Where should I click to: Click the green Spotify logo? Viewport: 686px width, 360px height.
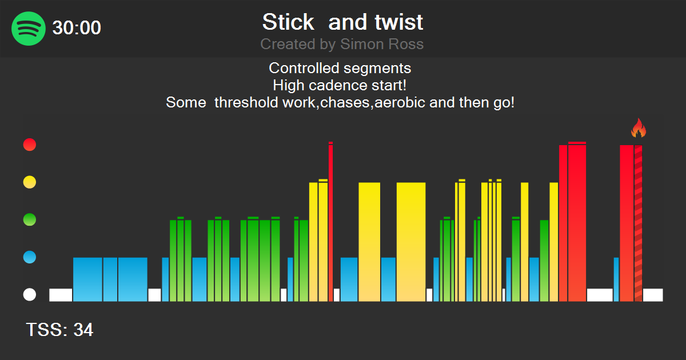pyautogui.click(x=29, y=28)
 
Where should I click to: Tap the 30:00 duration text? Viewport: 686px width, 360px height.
pyautogui.click(x=77, y=28)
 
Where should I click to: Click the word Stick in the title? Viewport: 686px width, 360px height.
pyautogui.click(x=288, y=22)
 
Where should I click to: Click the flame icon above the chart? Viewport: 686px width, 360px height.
pyautogui.click(x=638, y=129)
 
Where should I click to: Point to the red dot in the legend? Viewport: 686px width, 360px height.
pyautogui.click(x=29, y=145)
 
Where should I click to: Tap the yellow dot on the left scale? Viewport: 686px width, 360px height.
pyautogui.click(x=29, y=182)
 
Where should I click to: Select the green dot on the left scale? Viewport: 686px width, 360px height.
pyautogui.click(x=29, y=219)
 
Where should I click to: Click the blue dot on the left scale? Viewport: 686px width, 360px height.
pyautogui.click(x=29, y=257)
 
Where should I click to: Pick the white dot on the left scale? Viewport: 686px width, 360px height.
pyautogui.click(x=29, y=295)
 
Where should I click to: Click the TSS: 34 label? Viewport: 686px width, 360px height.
pyautogui.click(x=59, y=330)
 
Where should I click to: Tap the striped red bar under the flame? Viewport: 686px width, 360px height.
pyautogui.click(x=638, y=223)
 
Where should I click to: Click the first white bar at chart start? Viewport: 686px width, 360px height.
pyautogui.click(x=61, y=295)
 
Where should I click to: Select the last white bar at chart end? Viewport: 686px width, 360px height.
pyautogui.click(x=652, y=295)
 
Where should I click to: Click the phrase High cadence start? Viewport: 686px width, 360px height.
pyautogui.click(x=340, y=86)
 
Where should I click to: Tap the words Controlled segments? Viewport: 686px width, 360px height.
pyautogui.click(x=340, y=69)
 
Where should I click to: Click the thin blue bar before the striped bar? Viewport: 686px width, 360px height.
pyautogui.click(x=616, y=279)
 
